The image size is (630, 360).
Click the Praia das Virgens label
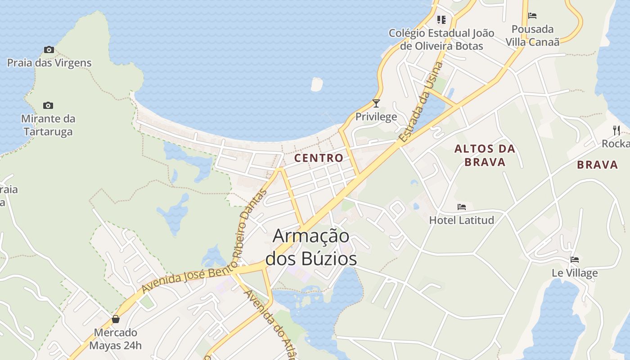tap(49, 63)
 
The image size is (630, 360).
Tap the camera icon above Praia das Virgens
tap(49, 49)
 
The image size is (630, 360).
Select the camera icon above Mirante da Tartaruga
tap(48, 106)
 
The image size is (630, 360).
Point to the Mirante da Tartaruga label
tap(49, 125)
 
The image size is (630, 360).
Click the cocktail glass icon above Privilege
tap(376, 103)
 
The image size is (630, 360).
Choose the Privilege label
tap(376, 117)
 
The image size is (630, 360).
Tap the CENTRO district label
tap(319, 158)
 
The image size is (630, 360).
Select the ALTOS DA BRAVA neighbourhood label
tap(485, 155)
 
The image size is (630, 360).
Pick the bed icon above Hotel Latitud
tap(462, 207)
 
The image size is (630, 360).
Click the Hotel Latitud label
tap(462, 220)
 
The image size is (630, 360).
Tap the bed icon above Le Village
tap(575, 260)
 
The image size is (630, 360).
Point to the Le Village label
tap(575, 273)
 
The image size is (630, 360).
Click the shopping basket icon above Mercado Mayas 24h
tap(116, 319)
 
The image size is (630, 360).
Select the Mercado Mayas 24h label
tap(115, 339)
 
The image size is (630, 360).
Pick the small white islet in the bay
tap(317, 84)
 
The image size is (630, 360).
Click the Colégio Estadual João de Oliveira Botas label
tap(441, 40)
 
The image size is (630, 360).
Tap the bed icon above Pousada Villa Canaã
tap(532, 16)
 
